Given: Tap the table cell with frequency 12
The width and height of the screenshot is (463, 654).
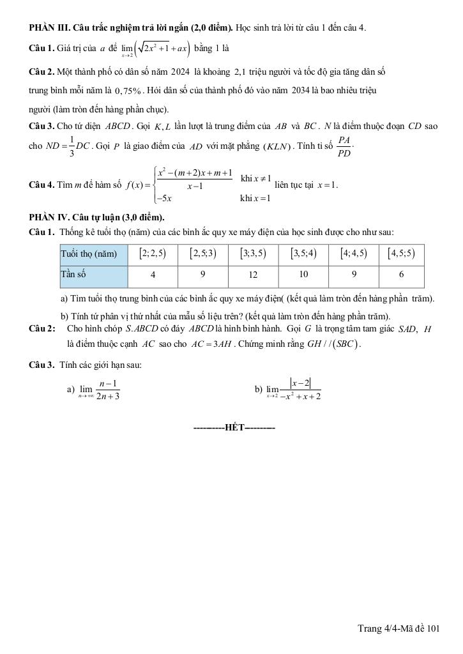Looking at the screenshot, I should [253, 275].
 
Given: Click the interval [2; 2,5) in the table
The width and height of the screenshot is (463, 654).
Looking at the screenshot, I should [153, 254].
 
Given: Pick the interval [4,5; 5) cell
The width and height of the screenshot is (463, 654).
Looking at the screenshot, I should [401, 254].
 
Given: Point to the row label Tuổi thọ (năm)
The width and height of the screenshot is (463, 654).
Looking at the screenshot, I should [89, 254].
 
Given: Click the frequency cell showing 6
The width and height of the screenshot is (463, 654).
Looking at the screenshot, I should [401, 275].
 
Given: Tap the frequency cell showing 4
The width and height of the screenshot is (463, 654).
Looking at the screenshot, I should [153, 275].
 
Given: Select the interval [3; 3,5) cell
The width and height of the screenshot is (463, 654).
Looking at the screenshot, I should [253, 254].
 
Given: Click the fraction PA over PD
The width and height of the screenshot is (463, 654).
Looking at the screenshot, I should [344, 146].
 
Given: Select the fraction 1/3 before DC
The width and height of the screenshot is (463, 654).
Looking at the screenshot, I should [72, 146].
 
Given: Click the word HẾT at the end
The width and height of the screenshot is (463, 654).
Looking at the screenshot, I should [235, 427].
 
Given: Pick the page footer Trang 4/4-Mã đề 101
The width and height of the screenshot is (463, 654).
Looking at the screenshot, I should [398, 629].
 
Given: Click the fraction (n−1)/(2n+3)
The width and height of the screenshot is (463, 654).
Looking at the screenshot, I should [109, 390].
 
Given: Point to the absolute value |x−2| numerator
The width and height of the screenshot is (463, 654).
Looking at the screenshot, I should [300, 383].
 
